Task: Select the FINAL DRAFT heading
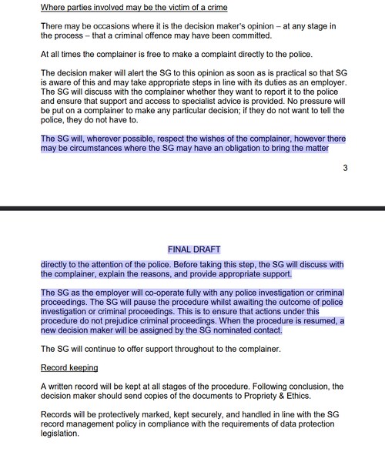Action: [x=193, y=250]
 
